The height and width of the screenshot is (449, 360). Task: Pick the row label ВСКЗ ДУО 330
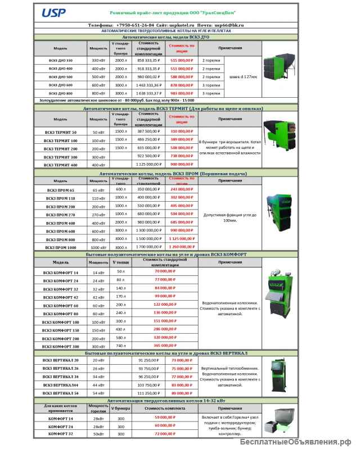tap(61, 60)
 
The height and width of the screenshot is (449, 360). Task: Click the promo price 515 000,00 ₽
tap(182, 60)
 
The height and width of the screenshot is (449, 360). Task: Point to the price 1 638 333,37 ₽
tap(148, 93)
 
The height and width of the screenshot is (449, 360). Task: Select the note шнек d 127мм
tap(243, 76)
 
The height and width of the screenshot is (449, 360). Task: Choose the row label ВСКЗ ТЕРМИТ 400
tap(61, 165)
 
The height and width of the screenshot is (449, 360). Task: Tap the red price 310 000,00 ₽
tap(182, 131)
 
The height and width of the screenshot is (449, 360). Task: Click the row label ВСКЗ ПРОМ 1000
tap(61, 247)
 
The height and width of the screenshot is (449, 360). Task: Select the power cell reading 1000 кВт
tap(98, 247)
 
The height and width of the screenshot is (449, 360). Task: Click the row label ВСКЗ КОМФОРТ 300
tap(61, 347)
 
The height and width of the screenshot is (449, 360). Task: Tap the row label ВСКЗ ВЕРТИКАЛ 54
tap(61, 394)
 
